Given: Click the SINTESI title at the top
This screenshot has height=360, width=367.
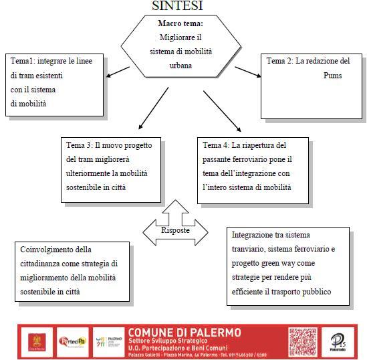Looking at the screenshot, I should pos(177,6).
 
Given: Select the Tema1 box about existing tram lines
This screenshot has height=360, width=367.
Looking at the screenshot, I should pos(54,82).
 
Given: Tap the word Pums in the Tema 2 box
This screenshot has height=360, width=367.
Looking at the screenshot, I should pos(332,76).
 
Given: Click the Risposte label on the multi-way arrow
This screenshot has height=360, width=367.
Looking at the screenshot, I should pos(176,230).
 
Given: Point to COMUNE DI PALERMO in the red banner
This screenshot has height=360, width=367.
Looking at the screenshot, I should pos(185,332).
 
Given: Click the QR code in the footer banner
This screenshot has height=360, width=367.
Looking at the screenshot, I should pos(302,341).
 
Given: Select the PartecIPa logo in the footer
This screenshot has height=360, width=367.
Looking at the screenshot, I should pos(73,341).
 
